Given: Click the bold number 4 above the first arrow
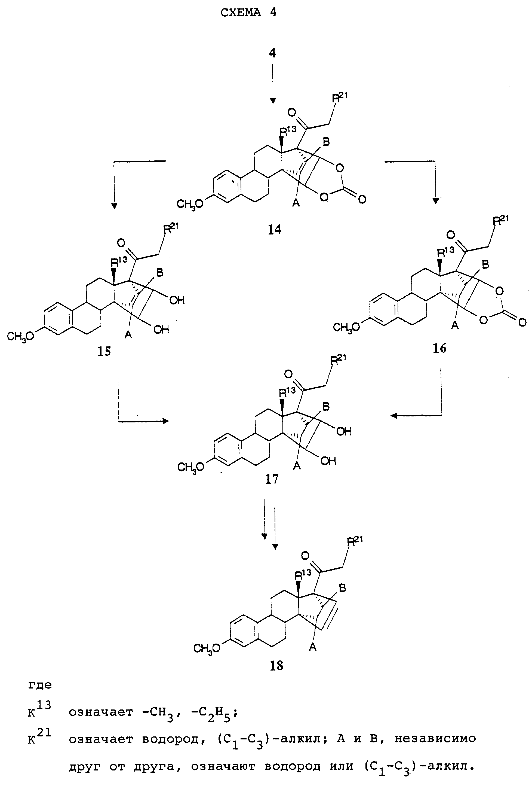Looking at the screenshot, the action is pyautogui.click(x=272, y=54).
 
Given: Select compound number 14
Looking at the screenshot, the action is pyautogui.click(x=275, y=230).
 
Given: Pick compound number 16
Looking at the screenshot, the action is pyautogui.click(x=440, y=348).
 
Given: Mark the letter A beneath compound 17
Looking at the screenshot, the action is pyautogui.click(x=297, y=467).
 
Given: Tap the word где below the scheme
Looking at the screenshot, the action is pyautogui.click(x=40, y=685).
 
